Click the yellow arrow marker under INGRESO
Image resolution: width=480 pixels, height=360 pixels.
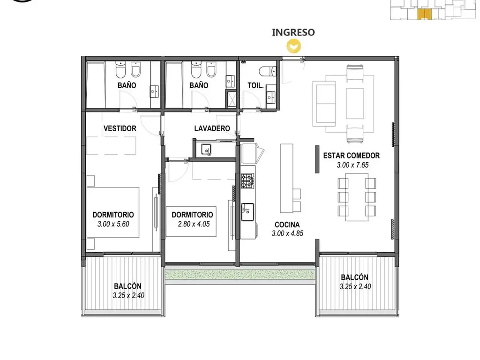click(293, 46)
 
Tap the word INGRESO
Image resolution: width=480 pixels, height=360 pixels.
click(293, 32)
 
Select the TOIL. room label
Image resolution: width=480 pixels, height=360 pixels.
click(255, 85)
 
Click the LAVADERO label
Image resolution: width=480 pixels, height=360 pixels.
click(212, 128)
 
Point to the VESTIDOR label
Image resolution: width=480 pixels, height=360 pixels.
click(120, 128)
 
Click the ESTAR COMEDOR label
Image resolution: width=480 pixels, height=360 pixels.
click(352, 156)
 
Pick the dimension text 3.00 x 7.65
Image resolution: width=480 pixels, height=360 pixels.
click(352, 165)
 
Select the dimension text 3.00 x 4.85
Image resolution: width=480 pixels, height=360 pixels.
click(287, 233)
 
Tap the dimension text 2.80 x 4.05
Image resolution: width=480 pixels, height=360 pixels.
click(194, 224)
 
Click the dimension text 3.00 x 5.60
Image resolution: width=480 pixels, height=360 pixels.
click(113, 224)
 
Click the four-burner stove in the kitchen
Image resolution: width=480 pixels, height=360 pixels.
click(247, 180)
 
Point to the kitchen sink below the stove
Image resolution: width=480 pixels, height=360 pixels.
click(247, 212)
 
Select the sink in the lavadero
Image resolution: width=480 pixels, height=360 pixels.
click(206, 150)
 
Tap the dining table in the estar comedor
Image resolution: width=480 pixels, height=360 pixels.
click(357, 197)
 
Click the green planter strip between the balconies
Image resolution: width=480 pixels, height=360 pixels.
click(240, 275)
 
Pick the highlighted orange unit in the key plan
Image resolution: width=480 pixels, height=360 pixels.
click(425, 15)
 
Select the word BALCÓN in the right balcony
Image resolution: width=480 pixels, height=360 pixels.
click(354, 277)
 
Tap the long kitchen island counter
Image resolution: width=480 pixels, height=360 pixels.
click(286, 178)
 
